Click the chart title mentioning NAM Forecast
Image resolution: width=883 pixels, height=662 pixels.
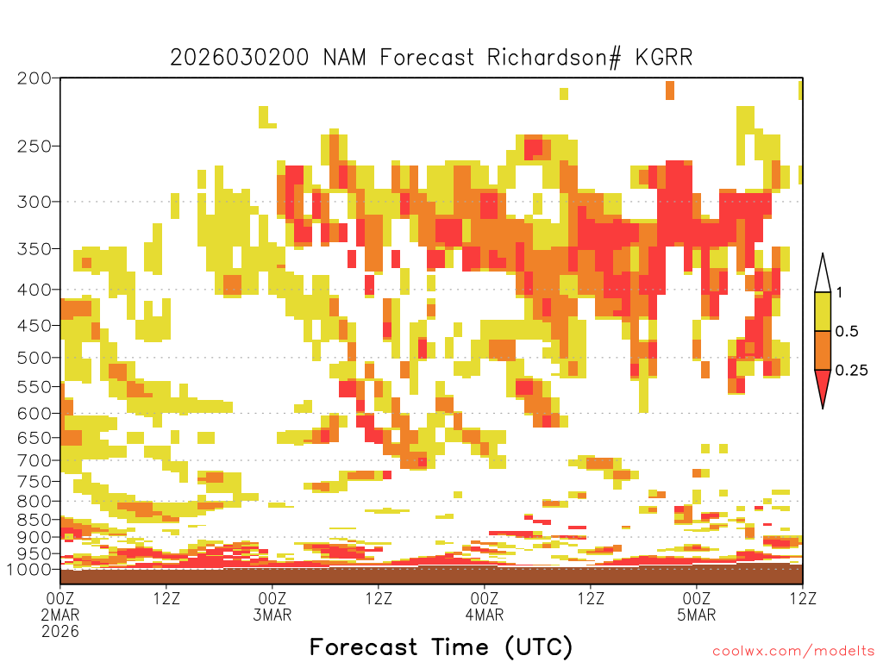click(431, 58)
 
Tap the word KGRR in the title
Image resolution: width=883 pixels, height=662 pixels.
click(664, 58)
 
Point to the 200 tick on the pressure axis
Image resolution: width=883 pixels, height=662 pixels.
click(34, 78)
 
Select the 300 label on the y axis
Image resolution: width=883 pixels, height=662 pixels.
click(34, 202)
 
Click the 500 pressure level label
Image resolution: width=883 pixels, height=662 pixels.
click(34, 358)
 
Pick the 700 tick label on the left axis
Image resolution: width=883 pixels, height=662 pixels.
click(34, 460)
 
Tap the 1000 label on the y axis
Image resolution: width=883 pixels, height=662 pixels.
click(30, 569)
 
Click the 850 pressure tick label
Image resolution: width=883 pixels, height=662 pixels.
click(34, 520)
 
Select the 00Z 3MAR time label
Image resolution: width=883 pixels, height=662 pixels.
click(272, 606)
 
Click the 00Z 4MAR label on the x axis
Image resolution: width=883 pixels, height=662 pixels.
click(485, 606)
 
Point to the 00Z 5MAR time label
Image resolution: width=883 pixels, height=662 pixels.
click(697, 606)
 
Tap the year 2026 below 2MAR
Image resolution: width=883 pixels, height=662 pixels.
click(60, 632)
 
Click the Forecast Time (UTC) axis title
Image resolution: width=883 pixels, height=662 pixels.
click(441, 647)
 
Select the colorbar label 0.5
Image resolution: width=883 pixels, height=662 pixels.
click(847, 332)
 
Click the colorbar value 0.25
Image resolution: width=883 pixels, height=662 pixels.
click(851, 371)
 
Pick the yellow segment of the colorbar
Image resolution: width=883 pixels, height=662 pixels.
click(823, 311)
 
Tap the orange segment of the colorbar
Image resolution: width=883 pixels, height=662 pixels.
click(823, 350)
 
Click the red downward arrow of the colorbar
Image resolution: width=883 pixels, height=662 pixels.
click(823, 385)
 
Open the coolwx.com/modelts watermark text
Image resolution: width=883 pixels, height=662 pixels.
click(793, 651)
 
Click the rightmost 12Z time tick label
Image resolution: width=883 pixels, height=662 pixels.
click(803, 598)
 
